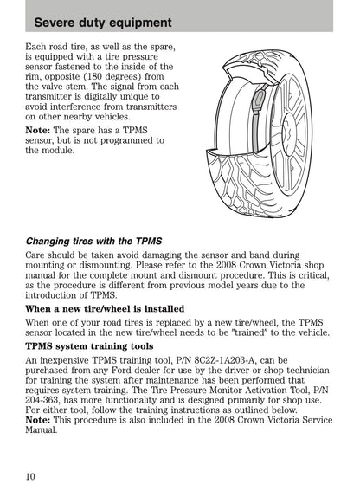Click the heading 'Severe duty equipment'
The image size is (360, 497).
(x=103, y=23)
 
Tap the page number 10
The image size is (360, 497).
(x=30, y=476)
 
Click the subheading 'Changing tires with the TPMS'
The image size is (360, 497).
(x=93, y=242)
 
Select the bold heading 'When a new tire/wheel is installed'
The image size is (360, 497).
(x=105, y=309)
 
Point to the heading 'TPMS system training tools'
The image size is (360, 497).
(x=89, y=346)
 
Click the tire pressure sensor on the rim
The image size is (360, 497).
(x=259, y=100)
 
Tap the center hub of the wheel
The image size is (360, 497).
(x=289, y=130)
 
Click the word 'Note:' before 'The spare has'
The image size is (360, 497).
(x=38, y=130)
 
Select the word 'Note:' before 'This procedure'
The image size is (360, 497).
(x=38, y=420)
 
